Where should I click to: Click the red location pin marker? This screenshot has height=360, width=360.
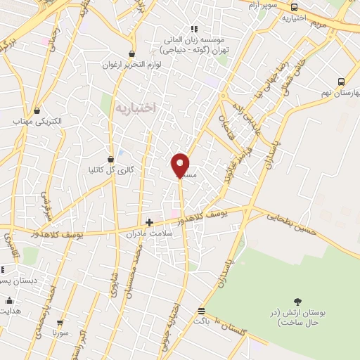pos(181,165)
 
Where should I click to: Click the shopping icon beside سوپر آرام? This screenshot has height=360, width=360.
pos(294,7)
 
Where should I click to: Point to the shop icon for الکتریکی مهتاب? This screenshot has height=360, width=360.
pos(37,110)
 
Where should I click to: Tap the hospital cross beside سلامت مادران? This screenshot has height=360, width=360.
pos(149,222)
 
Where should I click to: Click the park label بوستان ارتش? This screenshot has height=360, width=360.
pos(297,316)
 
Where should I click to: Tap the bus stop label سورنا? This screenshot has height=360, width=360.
pos(59,331)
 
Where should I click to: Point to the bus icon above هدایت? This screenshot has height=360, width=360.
pos(8,300)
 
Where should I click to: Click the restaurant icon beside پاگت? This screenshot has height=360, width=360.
pos(202,310)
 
